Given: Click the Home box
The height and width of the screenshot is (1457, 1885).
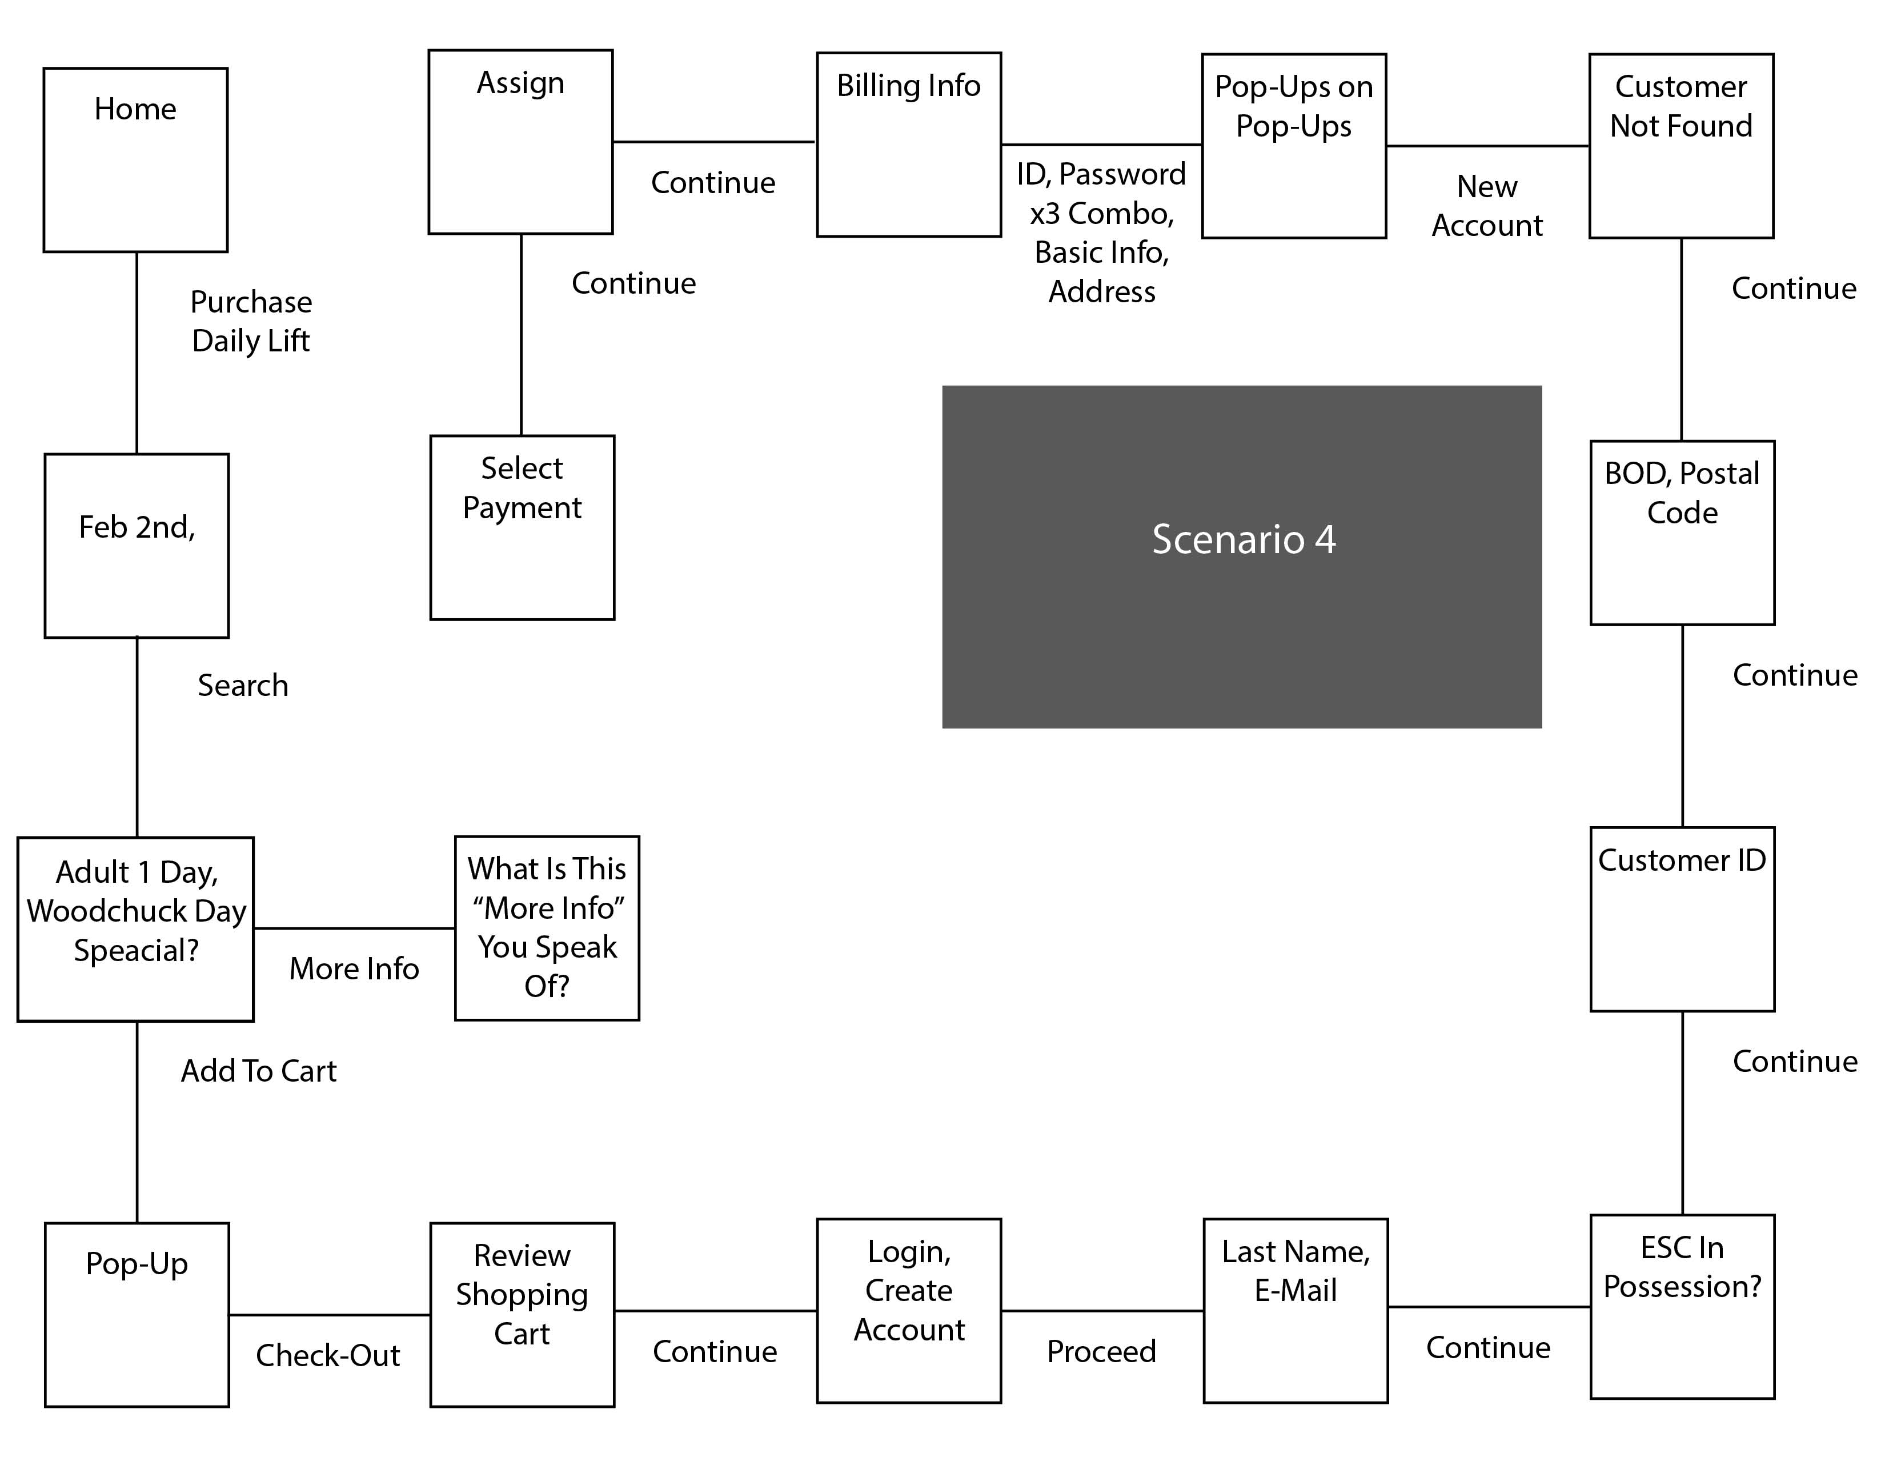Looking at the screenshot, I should click(135, 159).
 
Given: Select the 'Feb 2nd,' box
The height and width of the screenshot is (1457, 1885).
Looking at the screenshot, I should click(137, 546).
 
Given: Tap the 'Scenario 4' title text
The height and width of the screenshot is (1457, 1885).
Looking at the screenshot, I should click(1243, 539).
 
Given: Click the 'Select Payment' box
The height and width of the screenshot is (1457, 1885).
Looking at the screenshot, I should click(522, 527).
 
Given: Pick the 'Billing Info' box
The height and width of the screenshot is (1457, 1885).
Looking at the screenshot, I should click(909, 144).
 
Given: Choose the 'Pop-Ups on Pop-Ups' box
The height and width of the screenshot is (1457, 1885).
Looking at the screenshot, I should click(1294, 146).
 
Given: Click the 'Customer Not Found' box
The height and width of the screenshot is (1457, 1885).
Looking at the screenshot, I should click(1681, 146).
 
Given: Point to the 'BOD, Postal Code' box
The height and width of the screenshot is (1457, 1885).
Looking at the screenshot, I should click(1682, 533).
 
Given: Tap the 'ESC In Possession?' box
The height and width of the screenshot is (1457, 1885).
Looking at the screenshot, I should click(1682, 1306).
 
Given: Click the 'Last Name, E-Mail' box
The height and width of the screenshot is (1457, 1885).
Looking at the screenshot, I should click(1296, 1310).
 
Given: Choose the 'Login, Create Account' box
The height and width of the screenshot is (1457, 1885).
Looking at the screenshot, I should click(909, 1310).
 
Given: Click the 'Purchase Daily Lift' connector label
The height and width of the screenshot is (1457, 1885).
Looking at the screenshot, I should click(250, 321).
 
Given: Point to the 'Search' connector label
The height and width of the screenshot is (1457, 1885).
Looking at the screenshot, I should click(243, 685).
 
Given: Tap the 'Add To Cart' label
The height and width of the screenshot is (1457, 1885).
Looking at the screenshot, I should click(258, 1071).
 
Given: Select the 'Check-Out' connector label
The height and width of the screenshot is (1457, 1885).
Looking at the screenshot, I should click(328, 1355).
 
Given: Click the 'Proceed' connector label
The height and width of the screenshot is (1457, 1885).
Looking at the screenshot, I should click(1101, 1351).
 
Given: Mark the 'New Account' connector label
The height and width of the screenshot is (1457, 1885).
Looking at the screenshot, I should click(1487, 206).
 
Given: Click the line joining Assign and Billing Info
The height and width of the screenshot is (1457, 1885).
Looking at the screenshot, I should click(715, 142).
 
